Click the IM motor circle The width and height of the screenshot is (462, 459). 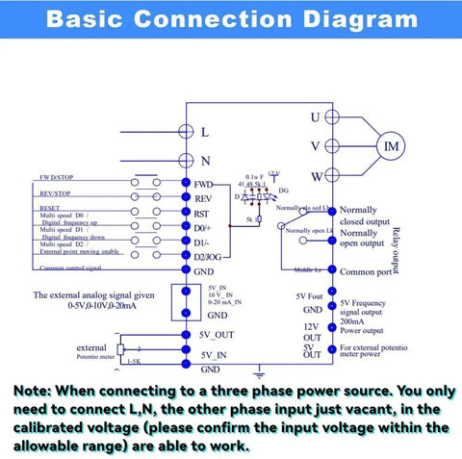392,145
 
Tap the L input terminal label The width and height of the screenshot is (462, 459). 204,132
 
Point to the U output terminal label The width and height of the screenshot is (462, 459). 314,117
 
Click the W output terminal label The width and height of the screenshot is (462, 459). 315,175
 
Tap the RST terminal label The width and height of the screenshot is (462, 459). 201,214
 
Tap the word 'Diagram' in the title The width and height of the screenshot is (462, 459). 356,19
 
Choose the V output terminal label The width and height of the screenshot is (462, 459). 315,146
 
